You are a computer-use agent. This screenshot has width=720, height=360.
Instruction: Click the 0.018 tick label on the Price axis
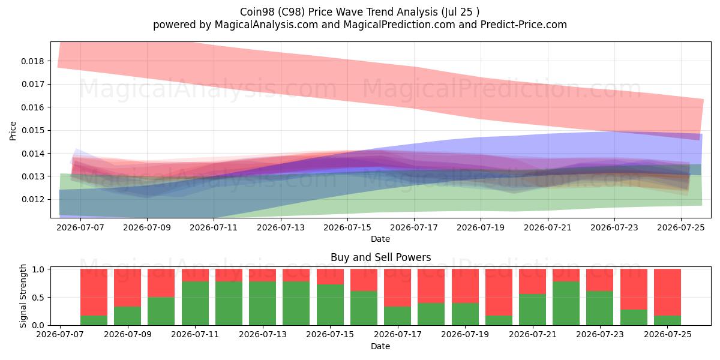tap(32, 61)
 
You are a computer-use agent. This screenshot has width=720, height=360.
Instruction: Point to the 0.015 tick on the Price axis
tap(32, 131)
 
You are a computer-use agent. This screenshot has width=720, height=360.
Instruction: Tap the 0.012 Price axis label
tap(32, 200)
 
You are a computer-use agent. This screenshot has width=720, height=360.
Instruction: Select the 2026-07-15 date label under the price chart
tap(347, 227)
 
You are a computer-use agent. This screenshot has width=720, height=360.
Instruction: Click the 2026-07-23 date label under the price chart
tap(614, 227)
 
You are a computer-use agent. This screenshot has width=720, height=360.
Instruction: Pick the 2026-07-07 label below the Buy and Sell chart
tap(60, 335)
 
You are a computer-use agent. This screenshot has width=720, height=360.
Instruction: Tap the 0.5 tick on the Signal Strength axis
tap(38, 298)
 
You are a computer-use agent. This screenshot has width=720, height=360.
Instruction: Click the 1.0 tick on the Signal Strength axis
tap(38, 269)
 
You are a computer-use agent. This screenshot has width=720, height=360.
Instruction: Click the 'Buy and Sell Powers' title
tap(380, 257)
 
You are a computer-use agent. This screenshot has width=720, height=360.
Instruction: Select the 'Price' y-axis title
tap(13, 131)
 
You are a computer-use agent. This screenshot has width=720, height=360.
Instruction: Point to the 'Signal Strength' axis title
tap(23, 296)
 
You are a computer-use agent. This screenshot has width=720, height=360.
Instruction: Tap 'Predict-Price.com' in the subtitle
tap(524, 25)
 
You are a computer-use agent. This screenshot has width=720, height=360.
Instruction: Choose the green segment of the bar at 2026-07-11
tap(195, 304)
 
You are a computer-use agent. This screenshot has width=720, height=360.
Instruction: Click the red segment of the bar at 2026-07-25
tap(667, 292)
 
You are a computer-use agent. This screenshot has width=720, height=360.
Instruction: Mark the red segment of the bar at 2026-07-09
tap(128, 287)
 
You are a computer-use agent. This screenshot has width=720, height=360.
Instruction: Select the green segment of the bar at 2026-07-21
tap(532, 310)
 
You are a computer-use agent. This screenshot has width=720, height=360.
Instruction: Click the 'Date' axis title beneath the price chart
tap(380, 239)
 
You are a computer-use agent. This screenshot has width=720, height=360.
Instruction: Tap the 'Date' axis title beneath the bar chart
tap(380, 347)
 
